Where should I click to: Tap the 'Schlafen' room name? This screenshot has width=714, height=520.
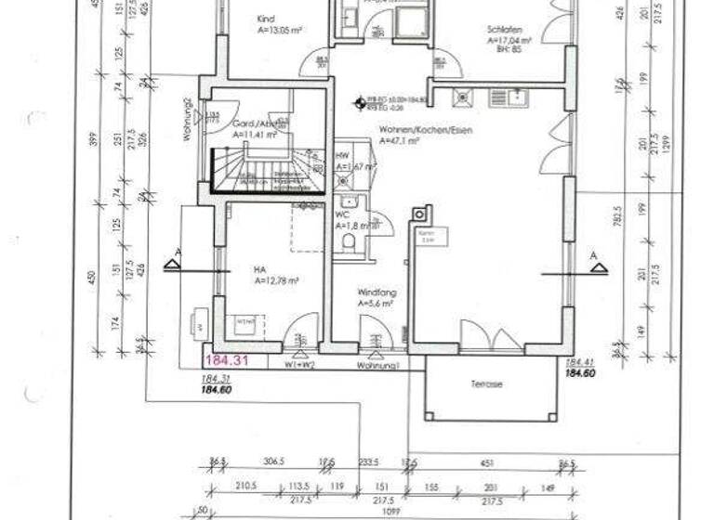click(502, 29)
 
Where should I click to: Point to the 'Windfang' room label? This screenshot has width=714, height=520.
click(374, 291)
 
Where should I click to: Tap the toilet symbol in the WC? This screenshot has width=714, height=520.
click(349, 242)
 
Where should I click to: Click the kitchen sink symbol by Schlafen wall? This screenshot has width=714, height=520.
click(508, 97)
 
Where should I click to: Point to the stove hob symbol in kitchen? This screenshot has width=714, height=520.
click(461, 96)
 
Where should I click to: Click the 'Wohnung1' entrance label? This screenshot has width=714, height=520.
click(377, 367)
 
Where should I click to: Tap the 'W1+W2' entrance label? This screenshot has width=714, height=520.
click(299, 365)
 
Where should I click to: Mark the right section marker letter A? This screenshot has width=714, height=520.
click(592, 254)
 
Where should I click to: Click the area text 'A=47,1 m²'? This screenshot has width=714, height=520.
click(399, 141)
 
